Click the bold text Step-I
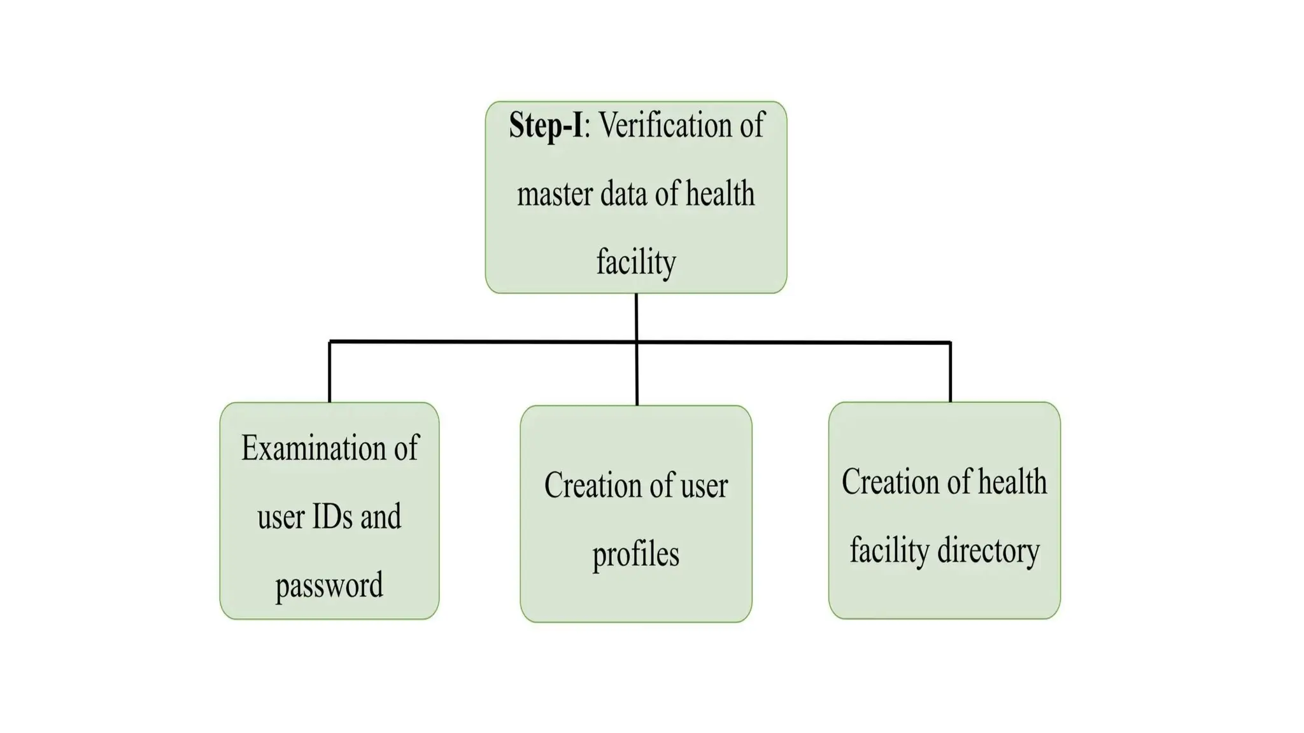pyautogui.click(x=546, y=125)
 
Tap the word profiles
pyautogui.click(x=635, y=554)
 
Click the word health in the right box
pyautogui.click(x=1012, y=482)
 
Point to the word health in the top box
pyautogui.click(x=720, y=194)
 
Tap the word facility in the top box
pyautogui.click(x=635, y=262)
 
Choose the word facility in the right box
pyautogui.click(x=889, y=550)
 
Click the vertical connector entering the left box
pyautogui.click(x=329, y=372)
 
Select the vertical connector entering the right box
pyautogui.click(x=950, y=372)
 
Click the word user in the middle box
pyautogui.click(x=704, y=485)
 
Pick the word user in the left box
pyautogui.click(x=281, y=516)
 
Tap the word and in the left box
pyautogui.click(x=381, y=516)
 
